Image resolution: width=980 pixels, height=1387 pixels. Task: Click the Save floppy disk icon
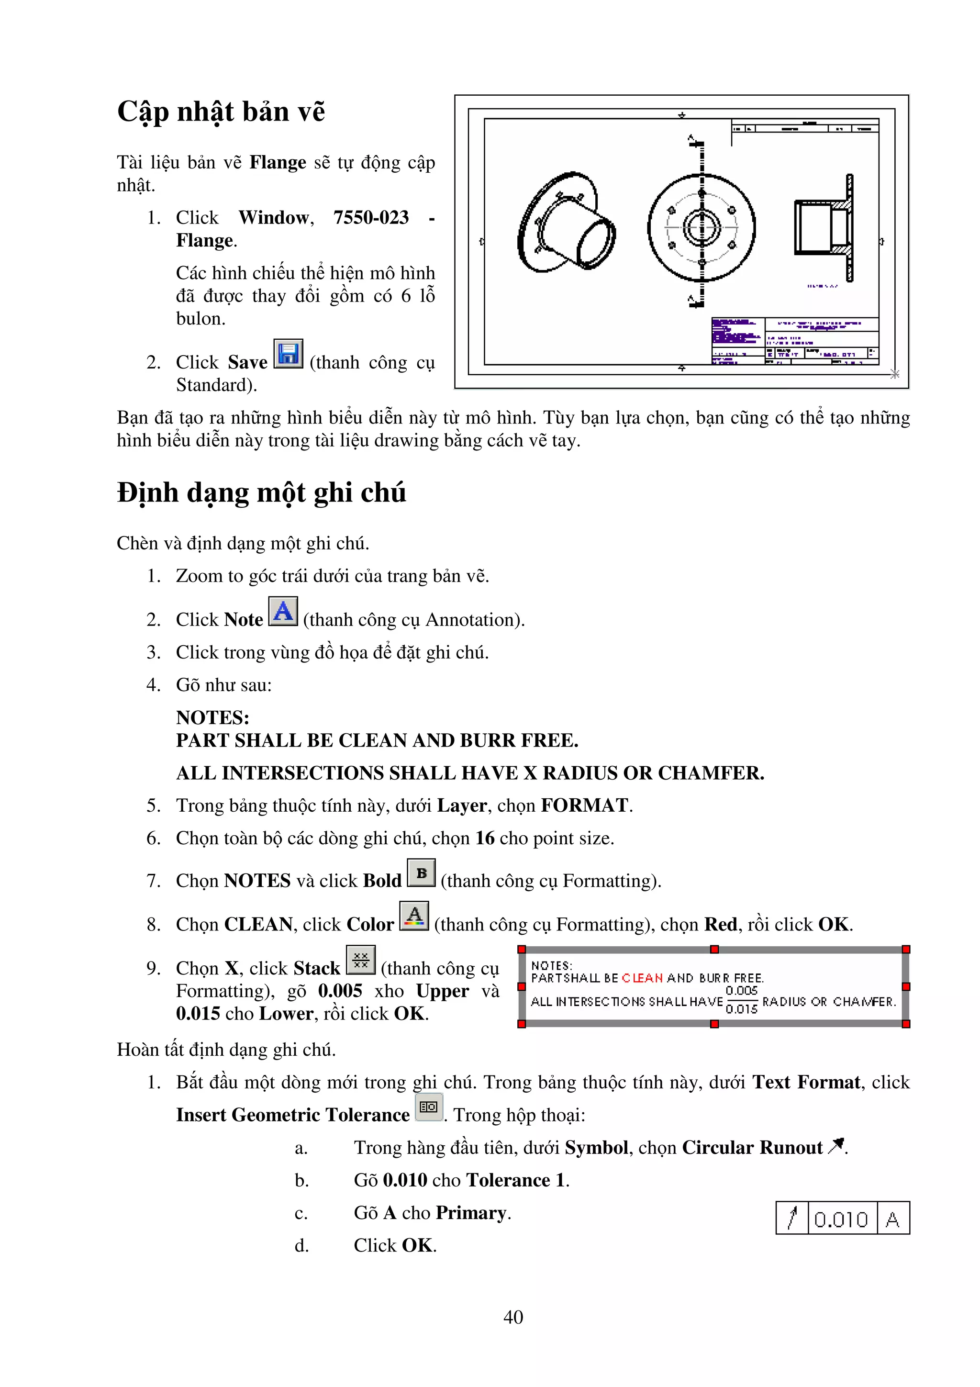click(x=288, y=354)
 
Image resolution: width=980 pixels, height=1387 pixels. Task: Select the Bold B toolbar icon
click(x=421, y=873)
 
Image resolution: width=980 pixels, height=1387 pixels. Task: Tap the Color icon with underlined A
click(x=414, y=916)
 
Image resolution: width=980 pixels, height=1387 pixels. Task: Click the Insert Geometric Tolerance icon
click(x=429, y=1107)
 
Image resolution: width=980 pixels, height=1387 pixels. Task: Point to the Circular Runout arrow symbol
click(x=836, y=1145)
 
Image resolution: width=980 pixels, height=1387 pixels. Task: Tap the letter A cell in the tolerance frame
click(x=892, y=1219)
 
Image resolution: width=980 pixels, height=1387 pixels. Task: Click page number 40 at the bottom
click(x=513, y=1317)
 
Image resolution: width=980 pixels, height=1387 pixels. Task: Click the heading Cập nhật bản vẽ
click(x=221, y=112)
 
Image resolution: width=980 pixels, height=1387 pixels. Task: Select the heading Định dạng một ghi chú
click(x=261, y=493)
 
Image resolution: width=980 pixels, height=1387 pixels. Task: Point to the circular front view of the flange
click(x=701, y=228)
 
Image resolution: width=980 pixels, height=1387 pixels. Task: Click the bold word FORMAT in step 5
click(x=584, y=805)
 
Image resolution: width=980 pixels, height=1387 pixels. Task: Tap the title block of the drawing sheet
click(x=795, y=341)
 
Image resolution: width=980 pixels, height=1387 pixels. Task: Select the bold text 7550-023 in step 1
click(x=371, y=217)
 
